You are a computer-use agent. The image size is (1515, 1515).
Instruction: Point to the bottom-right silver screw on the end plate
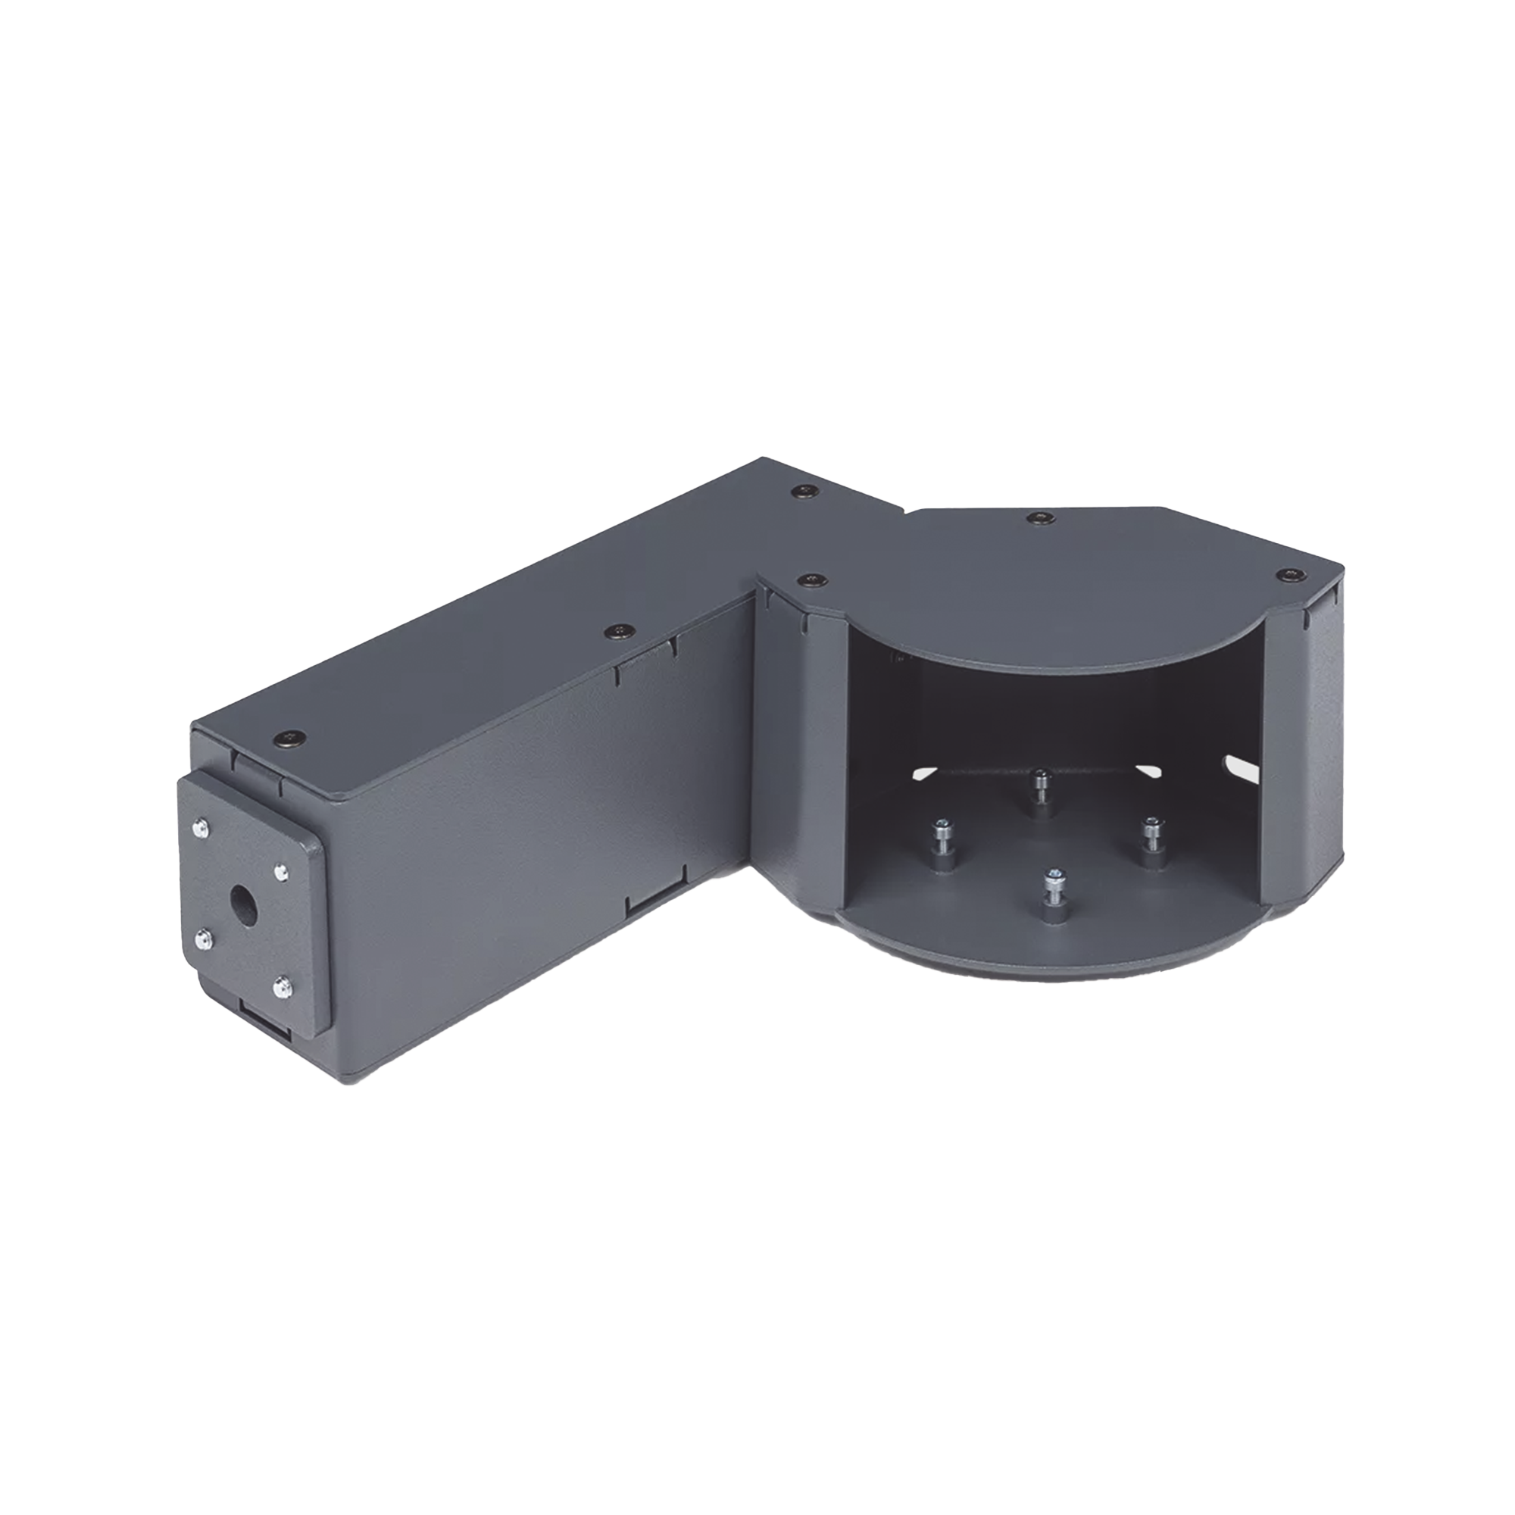tap(280, 991)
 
